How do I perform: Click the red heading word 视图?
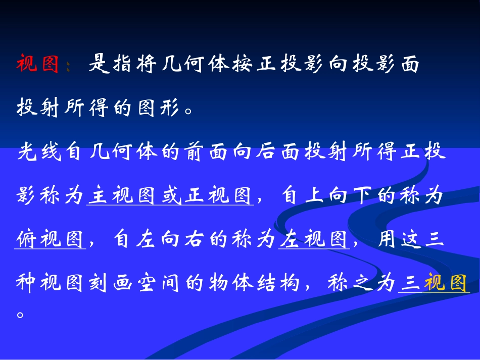click(x=38, y=65)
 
